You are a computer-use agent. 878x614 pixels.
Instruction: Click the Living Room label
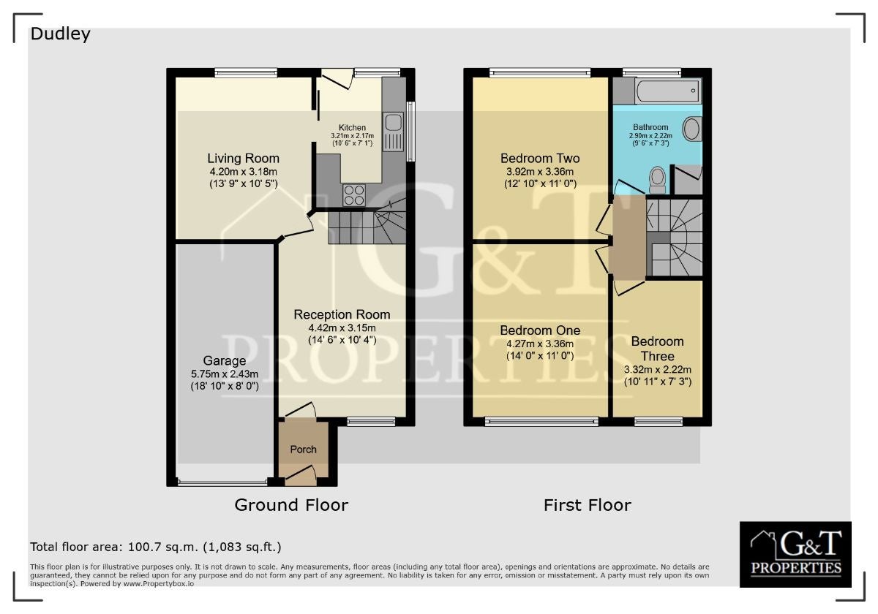(x=243, y=158)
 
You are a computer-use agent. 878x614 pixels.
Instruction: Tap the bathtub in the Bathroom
(x=668, y=91)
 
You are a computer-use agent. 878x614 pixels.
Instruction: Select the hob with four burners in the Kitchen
(x=354, y=195)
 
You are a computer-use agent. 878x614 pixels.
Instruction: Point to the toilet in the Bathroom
(x=657, y=180)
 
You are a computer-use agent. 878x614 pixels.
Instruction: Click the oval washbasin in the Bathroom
(x=691, y=129)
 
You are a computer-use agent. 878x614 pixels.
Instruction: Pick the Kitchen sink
(x=394, y=132)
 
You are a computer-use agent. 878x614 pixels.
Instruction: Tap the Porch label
(x=303, y=449)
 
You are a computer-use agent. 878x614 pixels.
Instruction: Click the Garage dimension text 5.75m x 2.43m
(x=225, y=374)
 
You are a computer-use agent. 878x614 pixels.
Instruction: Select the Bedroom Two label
(x=540, y=158)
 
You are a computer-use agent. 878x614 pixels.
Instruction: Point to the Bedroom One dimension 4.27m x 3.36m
(x=540, y=344)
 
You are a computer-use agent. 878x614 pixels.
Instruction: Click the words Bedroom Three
(x=657, y=349)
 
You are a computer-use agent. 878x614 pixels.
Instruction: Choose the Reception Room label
(x=342, y=314)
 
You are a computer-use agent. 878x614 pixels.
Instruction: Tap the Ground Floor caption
(x=291, y=505)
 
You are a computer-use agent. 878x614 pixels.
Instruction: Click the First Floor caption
(x=587, y=505)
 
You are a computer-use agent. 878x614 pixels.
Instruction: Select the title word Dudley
(x=60, y=34)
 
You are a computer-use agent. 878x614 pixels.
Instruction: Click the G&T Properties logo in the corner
(x=795, y=554)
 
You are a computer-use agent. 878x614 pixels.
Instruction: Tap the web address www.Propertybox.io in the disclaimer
(x=158, y=583)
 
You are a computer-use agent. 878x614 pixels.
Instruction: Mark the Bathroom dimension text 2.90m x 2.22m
(x=650, y=136)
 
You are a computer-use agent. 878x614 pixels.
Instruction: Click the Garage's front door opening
(x=222, y=483)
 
